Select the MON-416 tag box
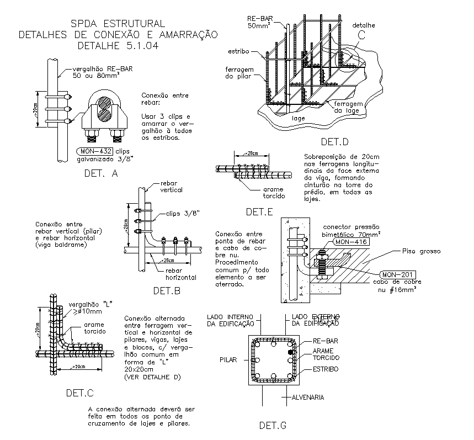[350, 242]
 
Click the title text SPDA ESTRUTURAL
[117, 23]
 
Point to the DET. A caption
[101, 173]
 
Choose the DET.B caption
[167, 290]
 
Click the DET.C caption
[79, 393]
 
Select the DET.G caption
[273, 425]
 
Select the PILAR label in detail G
[228, 359]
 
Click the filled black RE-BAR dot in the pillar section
[291, 351]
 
